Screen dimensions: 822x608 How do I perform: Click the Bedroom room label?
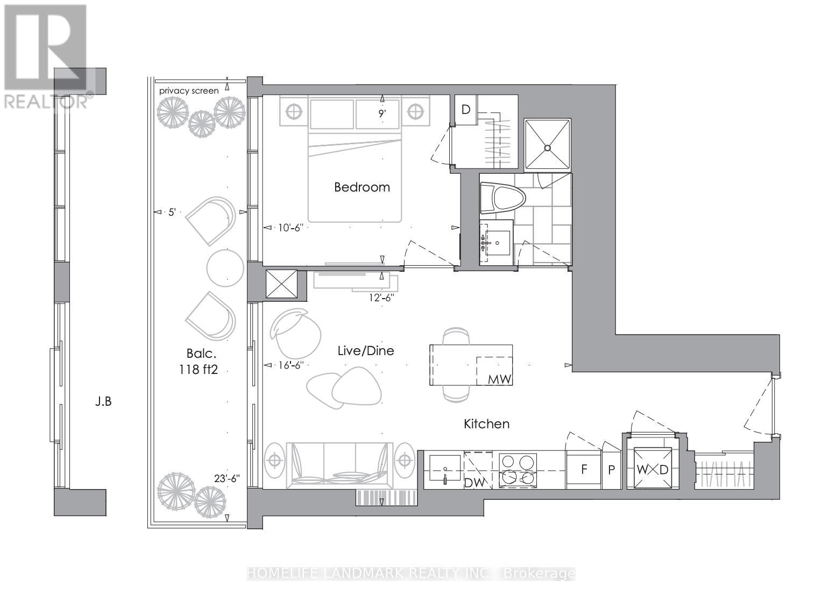tap(362, 187)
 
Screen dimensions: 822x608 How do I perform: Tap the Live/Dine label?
tap(365, 351)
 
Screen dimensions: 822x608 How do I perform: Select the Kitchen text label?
tap(486, 424)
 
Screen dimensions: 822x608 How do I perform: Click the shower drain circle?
tap(548, 148)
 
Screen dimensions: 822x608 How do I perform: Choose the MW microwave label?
tap(499, 379)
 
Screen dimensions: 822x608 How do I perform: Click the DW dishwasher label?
tap(474, 483)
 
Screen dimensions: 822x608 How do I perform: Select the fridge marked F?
tap(584, 469)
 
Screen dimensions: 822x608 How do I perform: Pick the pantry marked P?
tap(611, 470)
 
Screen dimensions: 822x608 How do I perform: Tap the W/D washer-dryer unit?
tap(652, 469)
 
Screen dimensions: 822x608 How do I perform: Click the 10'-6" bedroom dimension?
tap(291, 228)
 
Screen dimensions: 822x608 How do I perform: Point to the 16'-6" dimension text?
tap(291, 365)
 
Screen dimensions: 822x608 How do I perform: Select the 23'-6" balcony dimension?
tap(227, 478)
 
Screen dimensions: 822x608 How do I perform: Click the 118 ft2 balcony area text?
tap(199, 370)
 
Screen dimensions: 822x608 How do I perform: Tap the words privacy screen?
tap(189, 91)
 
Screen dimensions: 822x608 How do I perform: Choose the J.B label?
tap(103, 401)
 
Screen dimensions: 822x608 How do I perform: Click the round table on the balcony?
tap(225, 267)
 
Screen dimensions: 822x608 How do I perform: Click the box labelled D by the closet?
tap(466, 110)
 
